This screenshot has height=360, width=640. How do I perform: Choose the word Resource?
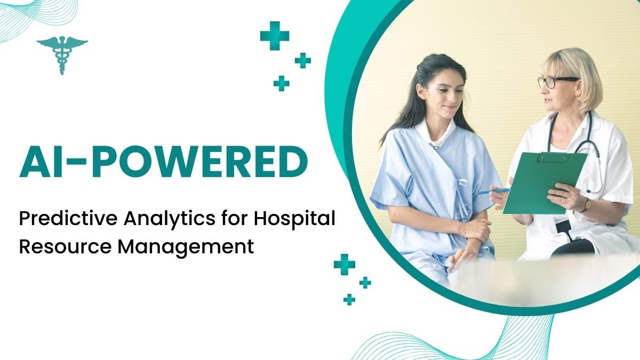tap(65, 246)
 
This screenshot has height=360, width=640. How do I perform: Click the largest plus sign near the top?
tap(275, 36)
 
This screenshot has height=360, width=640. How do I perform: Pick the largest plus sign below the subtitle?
tap(345, 265)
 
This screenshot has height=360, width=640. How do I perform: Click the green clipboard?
tap(545, 183)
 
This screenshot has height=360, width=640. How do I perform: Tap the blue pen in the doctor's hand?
tap(493, 191)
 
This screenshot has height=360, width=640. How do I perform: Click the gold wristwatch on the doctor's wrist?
tap(587, 205)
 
